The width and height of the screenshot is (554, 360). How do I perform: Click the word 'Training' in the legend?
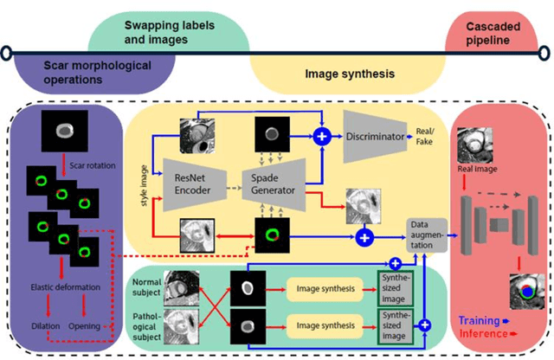479,319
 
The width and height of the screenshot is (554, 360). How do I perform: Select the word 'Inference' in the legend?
480,332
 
